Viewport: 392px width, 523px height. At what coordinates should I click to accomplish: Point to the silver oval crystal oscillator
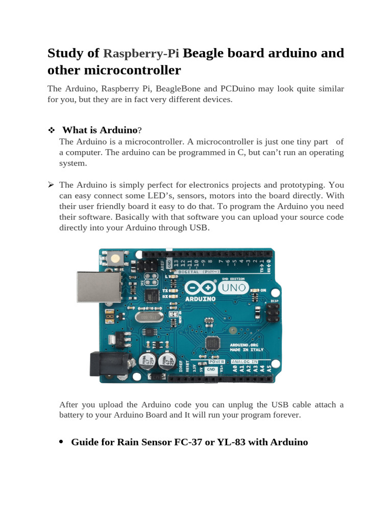(x=148, y=317)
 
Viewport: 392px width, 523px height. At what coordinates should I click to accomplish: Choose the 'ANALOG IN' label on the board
(x=244, y=362)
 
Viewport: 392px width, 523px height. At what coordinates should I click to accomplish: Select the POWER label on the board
(x=217, y=362)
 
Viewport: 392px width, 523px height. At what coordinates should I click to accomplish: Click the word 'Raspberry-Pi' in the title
(x=141, y=54)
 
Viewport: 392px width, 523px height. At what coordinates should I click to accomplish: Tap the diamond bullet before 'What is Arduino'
(x=51, y=131)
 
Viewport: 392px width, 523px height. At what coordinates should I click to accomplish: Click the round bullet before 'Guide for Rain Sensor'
(x=61, y=442)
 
